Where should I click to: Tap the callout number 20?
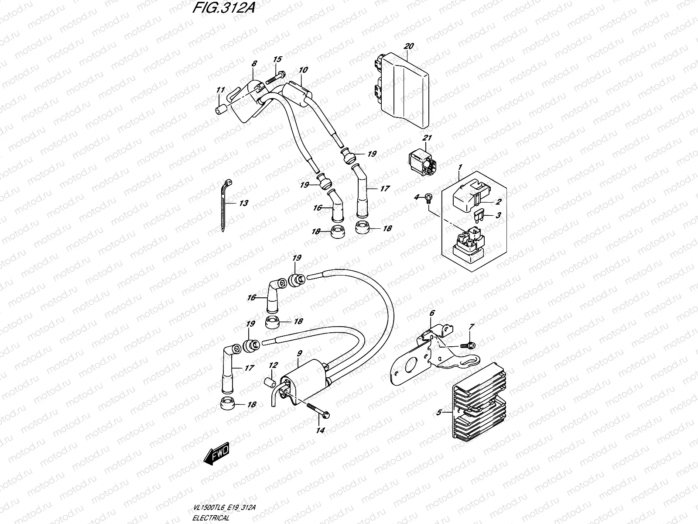(x=408, y=46)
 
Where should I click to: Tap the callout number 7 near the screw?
(x=471, y=327)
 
